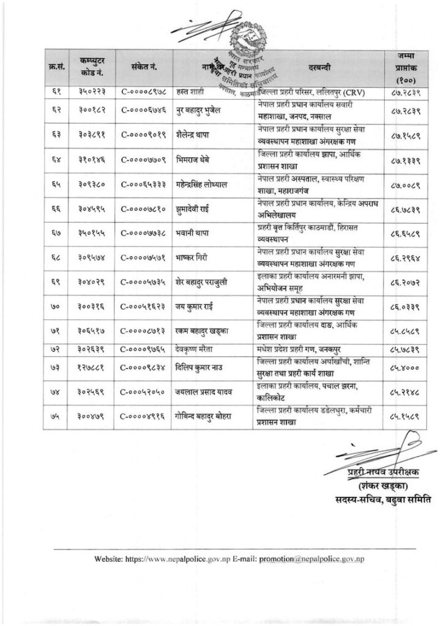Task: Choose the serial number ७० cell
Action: [x=53, y=317]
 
